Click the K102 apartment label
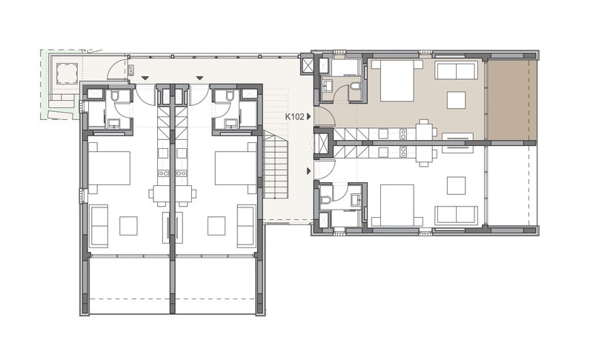pyautogui.click(x=294, y=117)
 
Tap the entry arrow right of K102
pyautogui.click(x=308, y=117)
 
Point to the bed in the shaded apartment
pyautogui.click(x=397, y=81)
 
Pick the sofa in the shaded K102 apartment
pyautogui.click(x=455, y=70)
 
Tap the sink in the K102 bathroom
pyautogui.click(x=326, y=86)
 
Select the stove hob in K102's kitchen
pyautogui.click(x=403, y=133)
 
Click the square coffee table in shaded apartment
pyautogui.click(x=456, y=100)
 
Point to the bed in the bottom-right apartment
pyautogui.click(x=397, y=205)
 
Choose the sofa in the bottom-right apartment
pyautogui.click(x=456, y=215)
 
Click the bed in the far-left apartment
pyautogui.click(x=109, y=167)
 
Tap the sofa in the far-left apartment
pyautogui.click(x=99, y=226)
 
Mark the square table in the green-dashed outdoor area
pyautogui.click(x=67, y=72)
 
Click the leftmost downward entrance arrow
pyautogui.click(x=145, y=79)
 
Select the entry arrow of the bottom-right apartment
pyautogui.click(x=308, y=171)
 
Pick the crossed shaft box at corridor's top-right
pyautogui.click(x=307, y=64)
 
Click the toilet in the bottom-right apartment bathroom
pyautogui.click(x=325, y=199)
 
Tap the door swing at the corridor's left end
pyautogui.click(x=116, y=68)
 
